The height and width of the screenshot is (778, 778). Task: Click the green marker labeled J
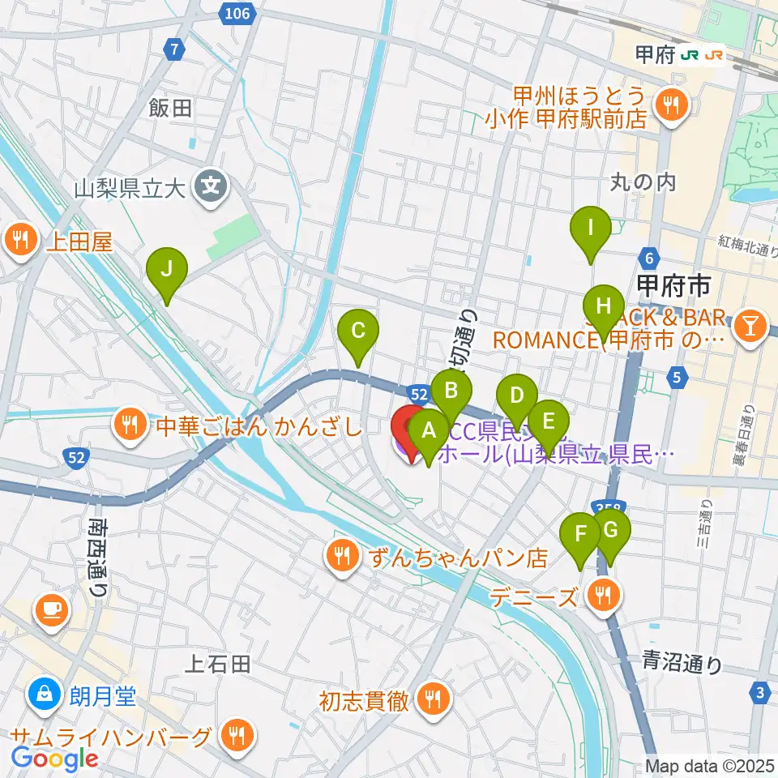166,270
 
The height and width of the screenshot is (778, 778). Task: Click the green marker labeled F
580,536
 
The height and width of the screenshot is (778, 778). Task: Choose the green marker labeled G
611,531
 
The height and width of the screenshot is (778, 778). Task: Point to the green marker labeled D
516,397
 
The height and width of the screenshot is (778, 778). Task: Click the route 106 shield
238,12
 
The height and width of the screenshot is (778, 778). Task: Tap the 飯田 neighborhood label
170,108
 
